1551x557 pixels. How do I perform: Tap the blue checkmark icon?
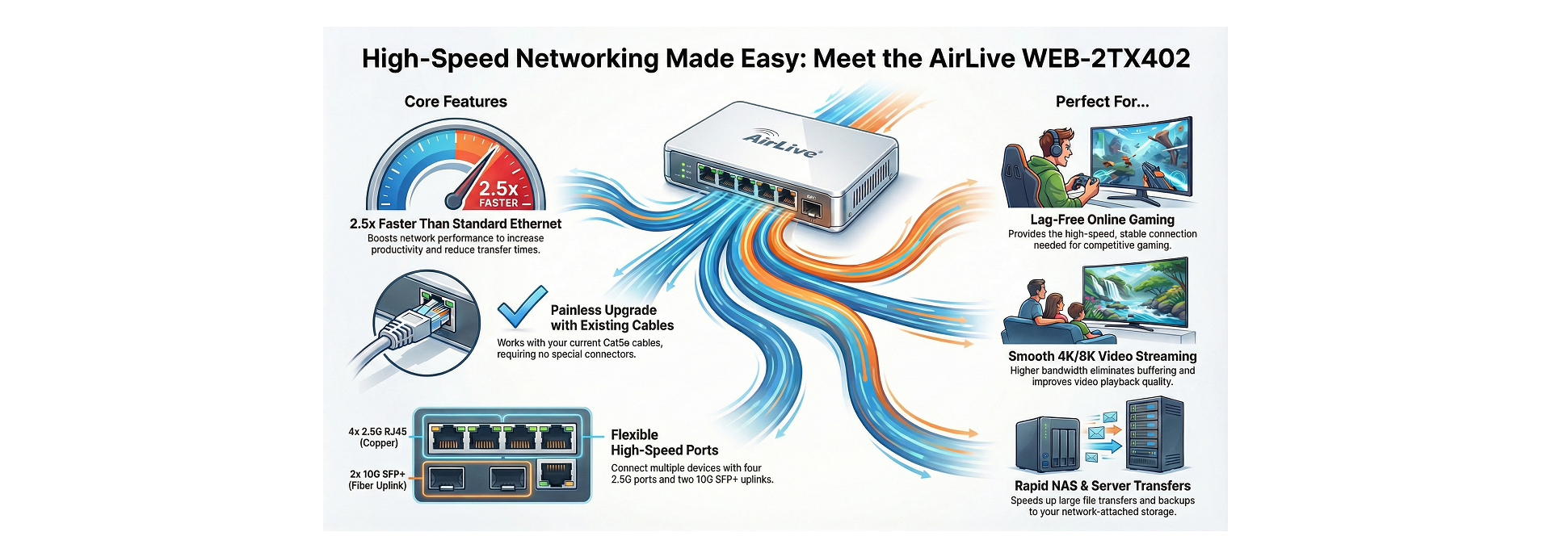(x=521, y=307)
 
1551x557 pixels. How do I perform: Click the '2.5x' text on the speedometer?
(x=498, y=188)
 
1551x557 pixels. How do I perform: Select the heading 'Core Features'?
(x=456, y=102)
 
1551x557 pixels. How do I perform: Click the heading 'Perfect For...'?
(x=1102, y=102)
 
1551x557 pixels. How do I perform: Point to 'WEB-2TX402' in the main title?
(x=1106, y=58)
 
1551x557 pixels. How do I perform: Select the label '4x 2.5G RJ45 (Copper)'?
(x=377, y=437)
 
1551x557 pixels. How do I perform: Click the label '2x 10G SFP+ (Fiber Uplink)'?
(x=377, y=480)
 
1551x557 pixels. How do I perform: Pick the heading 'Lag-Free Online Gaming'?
(x=1102, y=220)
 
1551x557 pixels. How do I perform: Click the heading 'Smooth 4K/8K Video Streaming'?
(x=1102, y=356)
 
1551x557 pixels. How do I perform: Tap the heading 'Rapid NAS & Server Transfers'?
(x=1102, y=486)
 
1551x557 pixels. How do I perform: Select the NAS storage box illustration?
(x=1048, y=444)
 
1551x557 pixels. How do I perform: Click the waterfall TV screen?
(x=1134, y=295)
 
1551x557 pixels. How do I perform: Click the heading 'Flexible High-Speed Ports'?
(x=664, y=442)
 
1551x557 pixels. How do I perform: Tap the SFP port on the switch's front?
(x=811, y=210)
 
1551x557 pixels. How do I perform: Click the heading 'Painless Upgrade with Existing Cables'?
(x=612, y=317)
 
